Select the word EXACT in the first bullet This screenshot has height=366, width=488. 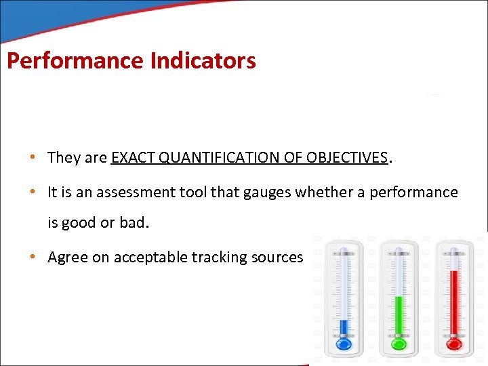[x=130, y=158]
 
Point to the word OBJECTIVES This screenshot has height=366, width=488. [x=346, y=158]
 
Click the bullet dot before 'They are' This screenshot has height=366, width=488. [x=32, y=159]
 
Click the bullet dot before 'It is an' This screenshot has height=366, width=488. [x=32, y=192]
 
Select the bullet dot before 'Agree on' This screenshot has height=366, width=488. [x=32, y=258]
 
